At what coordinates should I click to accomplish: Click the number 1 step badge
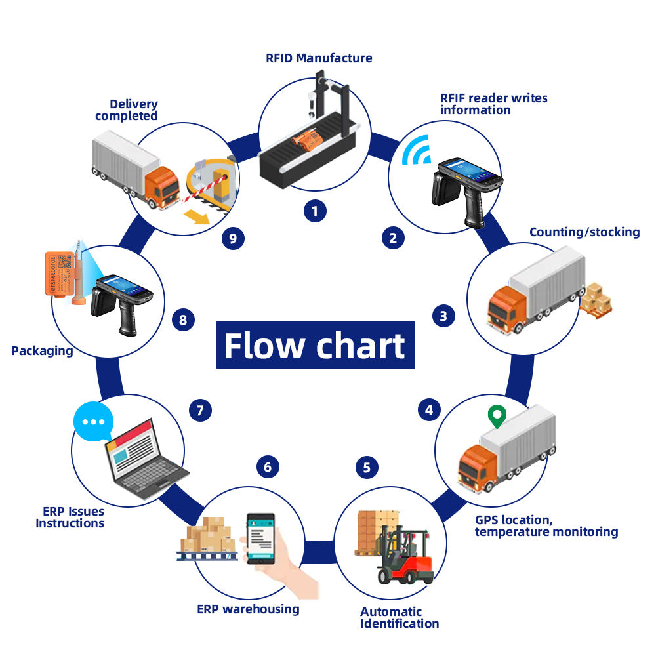coord(316,211)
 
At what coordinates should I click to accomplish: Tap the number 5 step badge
coord(367,468)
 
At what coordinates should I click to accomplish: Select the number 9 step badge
coord(233,237)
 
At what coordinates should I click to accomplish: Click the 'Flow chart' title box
coord(315,345)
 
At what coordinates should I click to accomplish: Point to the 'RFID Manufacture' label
coord(319,58)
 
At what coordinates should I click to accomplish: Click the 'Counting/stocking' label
coord(584,232)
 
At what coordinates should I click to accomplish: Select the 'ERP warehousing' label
coord(248,609)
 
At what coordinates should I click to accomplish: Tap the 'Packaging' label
coord(42,351)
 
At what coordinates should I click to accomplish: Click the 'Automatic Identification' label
coord(400,617)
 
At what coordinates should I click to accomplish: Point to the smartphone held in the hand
coord(260,538)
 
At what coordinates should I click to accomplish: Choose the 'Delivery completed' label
coord(127,110)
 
